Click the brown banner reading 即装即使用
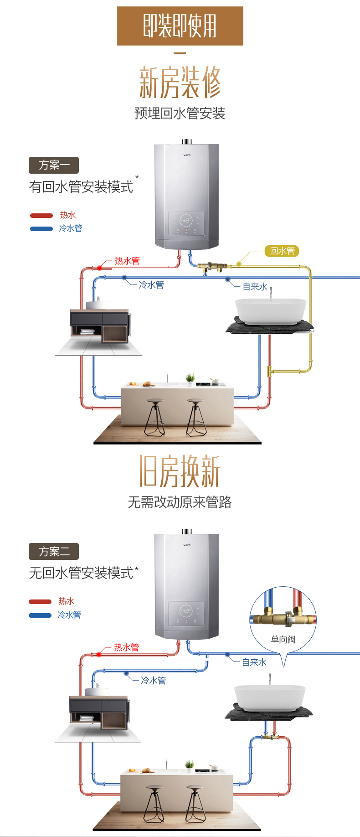[x=180, y=26]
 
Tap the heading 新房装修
[x=180, y=82]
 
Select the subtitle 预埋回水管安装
[x=180, y=114]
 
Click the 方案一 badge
[x=54, y=165]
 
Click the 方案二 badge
[x=54, y=551]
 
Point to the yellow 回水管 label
[x=282, y=251]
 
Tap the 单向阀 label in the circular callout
[x=283, y=639]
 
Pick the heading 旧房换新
[x=180, y=471]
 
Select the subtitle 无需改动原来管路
[x=180, y=502]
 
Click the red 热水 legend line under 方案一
[x=41, y=216]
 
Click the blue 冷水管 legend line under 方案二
[x=40, y=615]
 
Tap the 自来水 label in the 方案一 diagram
[x=255, y=287]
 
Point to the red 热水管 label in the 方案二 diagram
[x=126, y=647]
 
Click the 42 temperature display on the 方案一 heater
[x=186, y=221]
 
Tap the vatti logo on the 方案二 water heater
[x=187, y=545]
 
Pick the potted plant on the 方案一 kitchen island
[x=190, y=378]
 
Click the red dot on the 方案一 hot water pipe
[x=99, y=268]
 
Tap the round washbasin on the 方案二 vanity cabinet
[x=97, y=691]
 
